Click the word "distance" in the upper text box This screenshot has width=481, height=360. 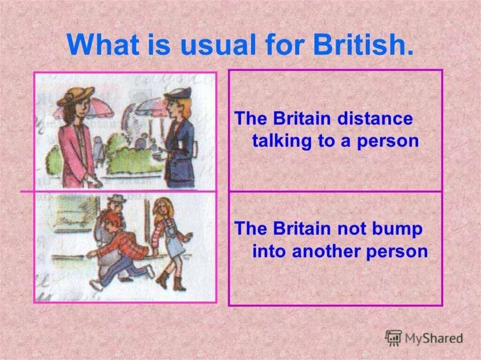(374, 119)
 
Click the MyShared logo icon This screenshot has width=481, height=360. (393, 338)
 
